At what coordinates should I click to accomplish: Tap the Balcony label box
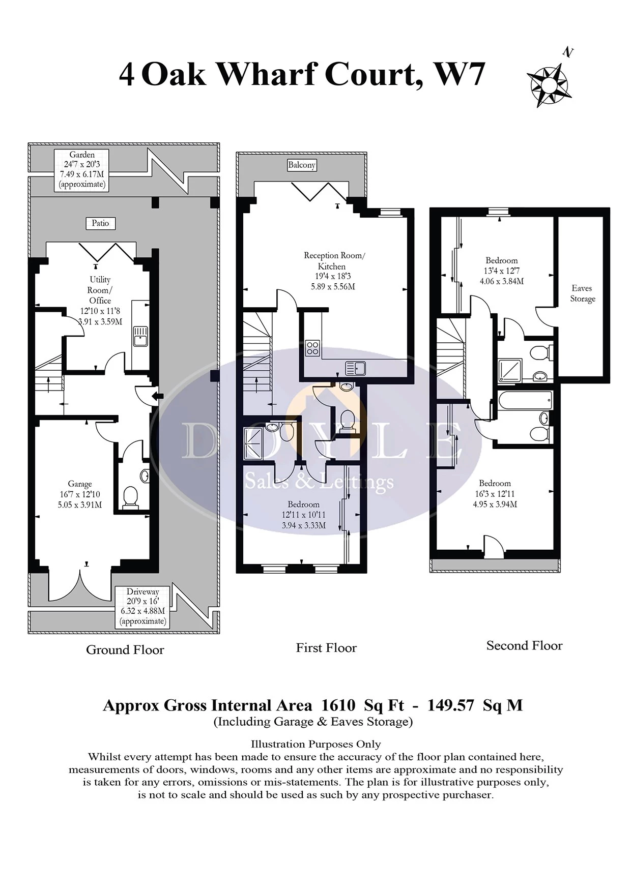tap(302, 165)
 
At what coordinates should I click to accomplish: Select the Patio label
tap(100, 223)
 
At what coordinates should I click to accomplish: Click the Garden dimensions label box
tap(82, 170)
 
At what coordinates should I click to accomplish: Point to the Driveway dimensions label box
tap(143, 606)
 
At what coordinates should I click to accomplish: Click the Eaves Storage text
tap(582, 293)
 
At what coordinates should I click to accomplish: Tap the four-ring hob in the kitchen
tap(313, 348)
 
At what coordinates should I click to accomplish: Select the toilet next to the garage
tap(131, 496)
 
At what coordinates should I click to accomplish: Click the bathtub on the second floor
tap(525, 399)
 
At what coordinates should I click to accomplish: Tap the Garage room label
tap(80, 494)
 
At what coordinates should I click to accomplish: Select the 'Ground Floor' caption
tap(125, 649)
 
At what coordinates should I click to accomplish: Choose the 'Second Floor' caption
tap(524, 645)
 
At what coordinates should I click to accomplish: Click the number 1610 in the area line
tap(338, 705)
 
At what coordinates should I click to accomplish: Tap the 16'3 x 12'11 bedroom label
tap(495, 493)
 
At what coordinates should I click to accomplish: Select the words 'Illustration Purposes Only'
tap(315, 744)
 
